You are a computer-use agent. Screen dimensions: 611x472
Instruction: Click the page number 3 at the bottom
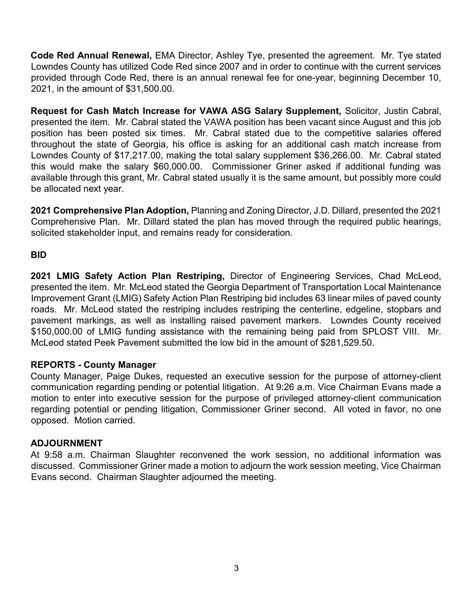(236, 568)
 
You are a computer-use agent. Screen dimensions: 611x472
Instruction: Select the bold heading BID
(39, 255)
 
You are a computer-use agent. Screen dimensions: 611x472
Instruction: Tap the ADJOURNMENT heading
(67, 443)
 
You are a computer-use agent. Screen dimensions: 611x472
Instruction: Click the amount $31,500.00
(150, 89)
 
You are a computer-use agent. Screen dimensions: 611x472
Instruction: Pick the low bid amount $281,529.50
(347, 343)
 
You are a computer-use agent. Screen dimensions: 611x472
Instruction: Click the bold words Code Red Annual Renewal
(91, 56)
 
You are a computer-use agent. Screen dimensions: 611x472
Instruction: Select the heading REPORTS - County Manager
(93, 365)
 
